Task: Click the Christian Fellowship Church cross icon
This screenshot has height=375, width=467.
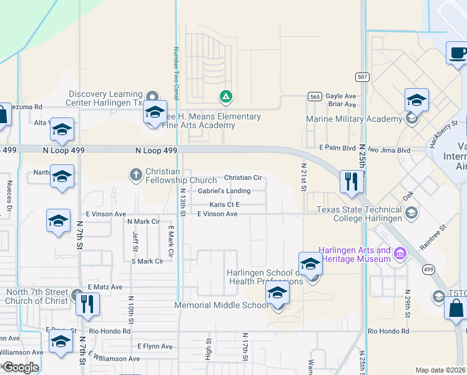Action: pyautogui.click(x=136, y=174)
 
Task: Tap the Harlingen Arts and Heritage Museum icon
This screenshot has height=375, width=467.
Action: pyautogui.click(x=400, y=254)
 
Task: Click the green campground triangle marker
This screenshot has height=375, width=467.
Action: pyautogui.click(x=225, y=97)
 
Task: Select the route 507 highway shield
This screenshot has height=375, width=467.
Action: pyautogui.click(x=362, y=77)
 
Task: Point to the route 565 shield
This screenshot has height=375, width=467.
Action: pyautogui.click(x=315, y=97)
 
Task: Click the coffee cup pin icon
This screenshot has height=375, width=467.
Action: pyautogui.click(x=458, y=52)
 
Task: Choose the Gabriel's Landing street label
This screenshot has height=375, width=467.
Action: pyautogui.click(x=225, y=191)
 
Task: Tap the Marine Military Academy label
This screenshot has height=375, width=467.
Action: pyautogui.click(x=354, y=119)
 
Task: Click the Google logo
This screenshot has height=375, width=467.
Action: pyautogui.click(x=20, y=367)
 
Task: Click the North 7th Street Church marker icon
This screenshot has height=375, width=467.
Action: pyautogui.click(x=76, y=294)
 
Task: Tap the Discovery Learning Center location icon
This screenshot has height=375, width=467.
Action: pyautogui.click(x=151, y=97)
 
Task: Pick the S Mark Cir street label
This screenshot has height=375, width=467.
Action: pyautogui.click(x=147, y=261)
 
